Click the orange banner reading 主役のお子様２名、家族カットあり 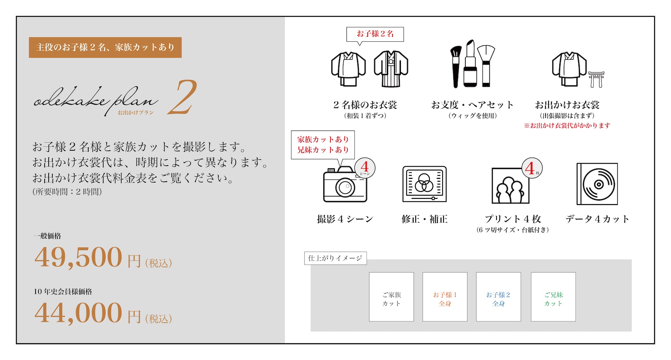(105, 47)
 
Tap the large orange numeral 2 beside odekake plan (182, 97)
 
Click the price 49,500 (78, 257)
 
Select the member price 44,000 (78, 313)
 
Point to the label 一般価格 (47, 236)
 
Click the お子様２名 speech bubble (375, 35)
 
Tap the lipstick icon (470, 64)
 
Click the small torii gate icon (596, 79)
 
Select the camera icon (345, 184)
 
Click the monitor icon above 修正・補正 (424, 184)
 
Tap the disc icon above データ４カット (597, 184)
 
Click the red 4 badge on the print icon (532, 168)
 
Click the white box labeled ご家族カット (392, 297)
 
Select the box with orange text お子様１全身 (445, 297)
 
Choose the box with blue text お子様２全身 (499, 297)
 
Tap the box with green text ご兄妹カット (553, 297)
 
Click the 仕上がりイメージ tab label (335, 258)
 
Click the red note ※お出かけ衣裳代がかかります (567, 125)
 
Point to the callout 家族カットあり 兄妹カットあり (323, 145)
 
